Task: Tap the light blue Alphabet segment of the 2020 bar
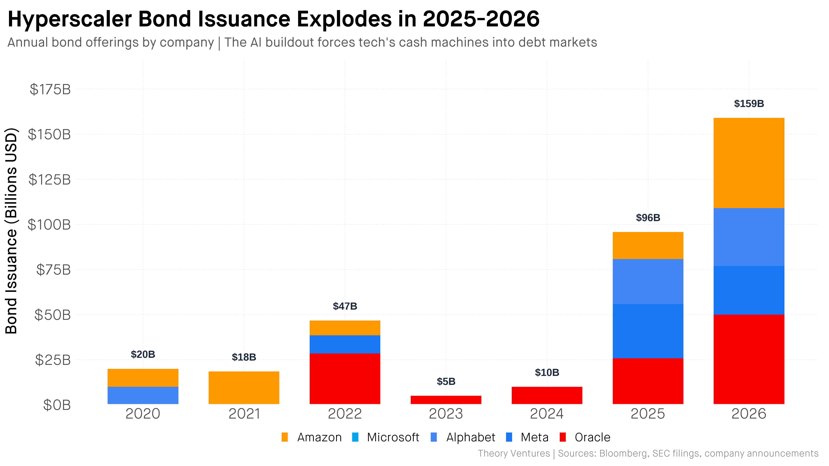tap(143, 395)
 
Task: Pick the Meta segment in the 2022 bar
tap(345, 344)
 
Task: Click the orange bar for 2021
tap(244, 387)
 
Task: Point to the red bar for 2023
tap(446, 400)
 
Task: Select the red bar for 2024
tap(547, 395)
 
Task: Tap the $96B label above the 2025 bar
tap(648, 218)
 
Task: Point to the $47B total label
tap(345, 306)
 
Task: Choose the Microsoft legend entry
tap(393, 437)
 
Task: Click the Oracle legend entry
tap(592, 437)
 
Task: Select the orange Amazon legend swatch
tap(284, 437)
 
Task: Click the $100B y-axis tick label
tap(49, 225)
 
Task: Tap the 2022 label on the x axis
tap(345, 414)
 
